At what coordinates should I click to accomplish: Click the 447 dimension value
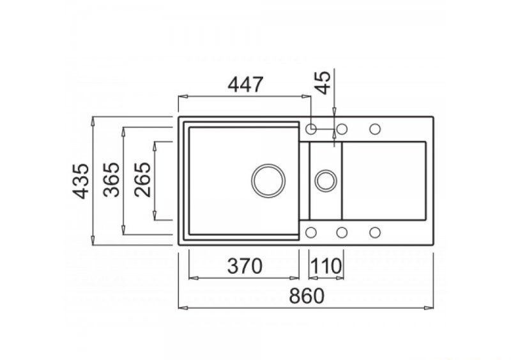coord(245,85)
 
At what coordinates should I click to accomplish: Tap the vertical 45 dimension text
coord(324,83)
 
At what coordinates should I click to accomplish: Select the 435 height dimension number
coord(80,181)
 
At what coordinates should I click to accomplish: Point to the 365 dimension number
coord(111,179)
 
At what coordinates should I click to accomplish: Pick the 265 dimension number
coord(142,179)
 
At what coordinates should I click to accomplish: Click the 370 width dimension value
coord(245,266)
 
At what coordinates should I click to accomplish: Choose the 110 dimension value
coord(326,266)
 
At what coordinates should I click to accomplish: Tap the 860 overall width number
coord(307,296)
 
